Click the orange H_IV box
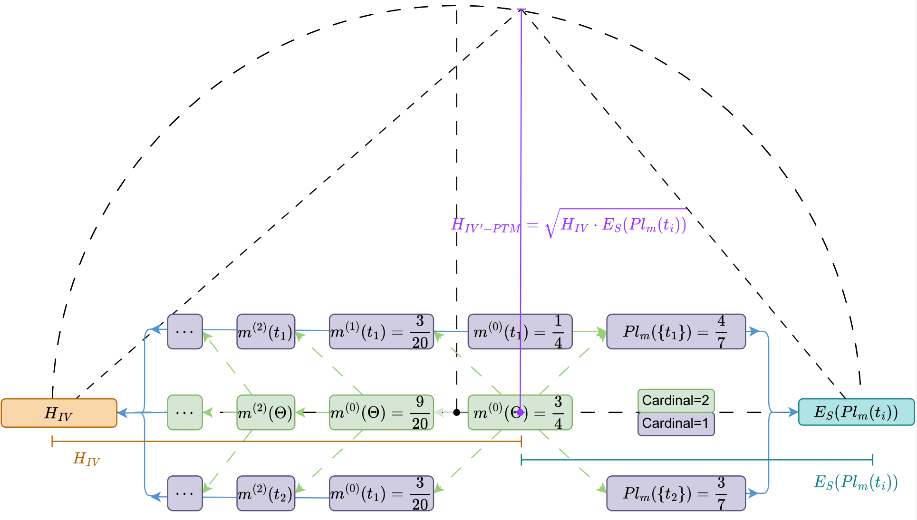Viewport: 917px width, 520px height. pyautogui.click(x=59, y=413)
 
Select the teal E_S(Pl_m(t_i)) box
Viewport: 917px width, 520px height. pyautogui.click(x=856, y=412)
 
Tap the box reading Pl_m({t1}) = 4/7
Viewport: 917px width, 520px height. pyautogui.click(x=676, y=332)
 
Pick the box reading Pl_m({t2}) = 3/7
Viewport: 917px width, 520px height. pyautogui.click(x=676, y=493)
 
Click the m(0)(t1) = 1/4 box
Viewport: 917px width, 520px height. pyautogui.click(x=520, y=332)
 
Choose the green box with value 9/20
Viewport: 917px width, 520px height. pyautogui.click(x=381, y=413)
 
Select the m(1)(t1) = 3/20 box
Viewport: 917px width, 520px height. pyautogui.click(x=381, y=332)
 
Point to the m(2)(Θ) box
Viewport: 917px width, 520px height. pyautogui.click(x=266, y=413)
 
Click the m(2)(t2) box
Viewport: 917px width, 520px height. pyautogui.click(x=266, y=493)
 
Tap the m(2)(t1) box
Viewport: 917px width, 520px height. pyautogui.click(x=266, y=332)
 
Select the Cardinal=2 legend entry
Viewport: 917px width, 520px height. pyautogui.click(x=676, y=401)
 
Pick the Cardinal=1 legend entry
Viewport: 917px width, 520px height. pyautogui.click(x=676, y=424)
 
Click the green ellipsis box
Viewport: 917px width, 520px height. pyautogui.click(x=185, y=413)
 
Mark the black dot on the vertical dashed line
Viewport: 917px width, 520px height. pyautogui.click(x=456, y=413)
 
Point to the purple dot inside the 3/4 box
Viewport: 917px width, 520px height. pyautogui.click(x=521, y=412)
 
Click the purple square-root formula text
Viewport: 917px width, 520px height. pyautogui.click(x=569, y=224)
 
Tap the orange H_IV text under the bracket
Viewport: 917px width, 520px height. pyautogui.click(x=86, y=459)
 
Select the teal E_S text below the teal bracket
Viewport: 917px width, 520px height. pyautogui.click(x=855, y=482)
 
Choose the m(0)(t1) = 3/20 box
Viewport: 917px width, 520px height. pyautogui.click(x=381, y=493)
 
